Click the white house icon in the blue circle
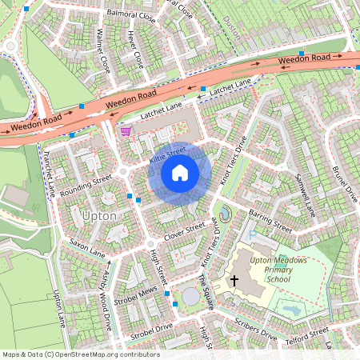180,173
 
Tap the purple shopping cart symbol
126,131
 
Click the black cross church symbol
234,280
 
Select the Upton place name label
99,217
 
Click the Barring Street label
270,222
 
